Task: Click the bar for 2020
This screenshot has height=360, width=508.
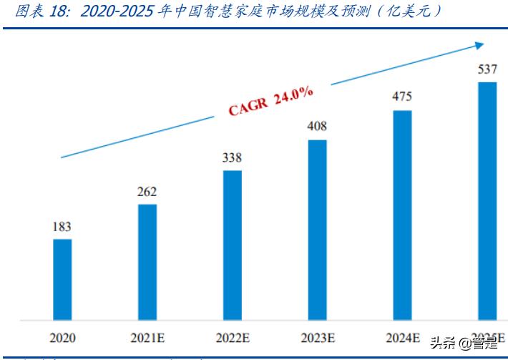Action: (x=62, y=279)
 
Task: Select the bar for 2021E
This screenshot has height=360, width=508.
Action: (x=147, y=262)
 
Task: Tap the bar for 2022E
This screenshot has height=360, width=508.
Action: (x=232, y=245)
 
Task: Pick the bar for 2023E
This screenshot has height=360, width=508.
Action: (x=317, y=230)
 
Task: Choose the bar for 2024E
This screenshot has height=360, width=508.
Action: (x=402, y=215)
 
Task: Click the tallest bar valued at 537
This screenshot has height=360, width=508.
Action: (x=487, y=200)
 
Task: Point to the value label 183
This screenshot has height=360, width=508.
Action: (x=62, y=227)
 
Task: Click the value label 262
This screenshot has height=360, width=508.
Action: (x=147, y=192)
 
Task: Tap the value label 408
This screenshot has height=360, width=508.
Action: (x=317, y=127)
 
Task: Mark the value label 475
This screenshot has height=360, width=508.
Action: (x=402, y=97)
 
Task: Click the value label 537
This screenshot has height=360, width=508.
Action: (x=487, y=69)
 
